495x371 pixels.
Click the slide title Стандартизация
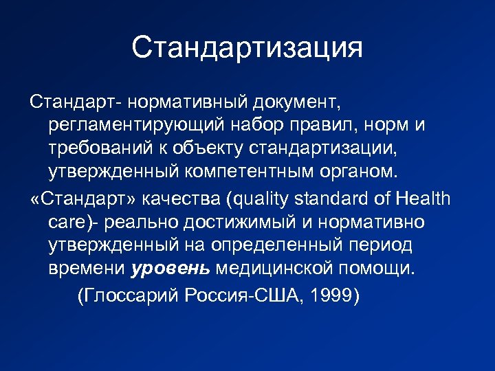[247, 47]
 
